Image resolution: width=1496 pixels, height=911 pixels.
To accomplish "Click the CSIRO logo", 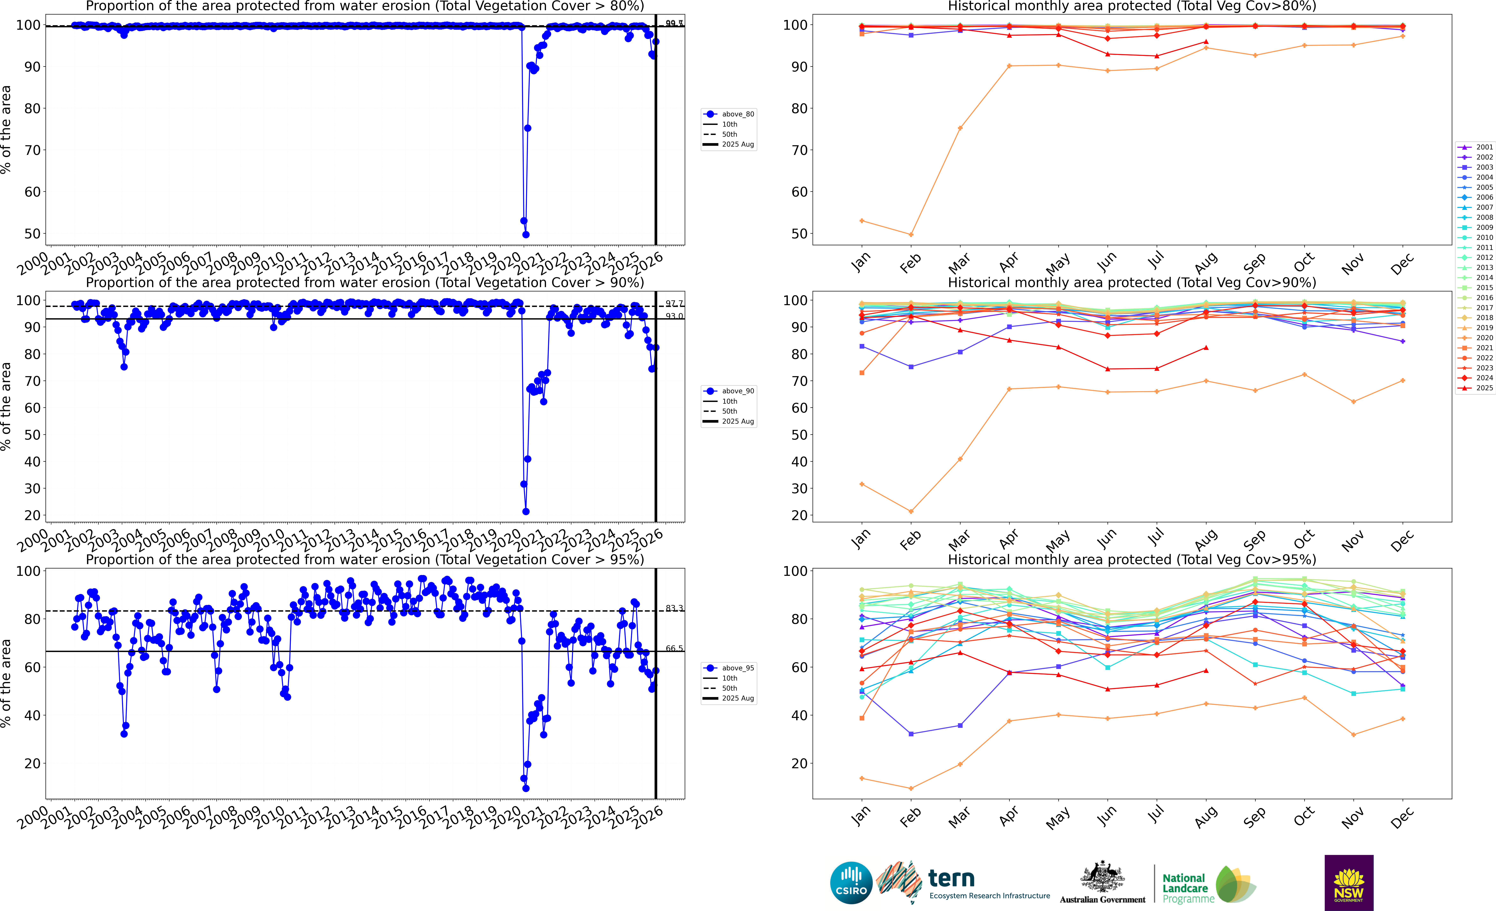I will tap(851, 882).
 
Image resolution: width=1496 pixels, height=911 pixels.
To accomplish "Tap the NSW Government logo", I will tap(1349, 882).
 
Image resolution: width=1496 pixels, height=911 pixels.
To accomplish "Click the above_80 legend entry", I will tap(729, 114).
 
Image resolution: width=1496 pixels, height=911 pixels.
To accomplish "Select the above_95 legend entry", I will tap(729, 668).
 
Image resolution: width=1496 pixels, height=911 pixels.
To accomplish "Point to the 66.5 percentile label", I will tap(674, 649).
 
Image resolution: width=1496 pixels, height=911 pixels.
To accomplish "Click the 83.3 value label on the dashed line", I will tap(674, 608).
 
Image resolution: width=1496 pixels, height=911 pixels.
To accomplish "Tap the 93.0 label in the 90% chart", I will tap(674, 316).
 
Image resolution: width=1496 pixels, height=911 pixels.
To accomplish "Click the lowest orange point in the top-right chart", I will tap(911, 234).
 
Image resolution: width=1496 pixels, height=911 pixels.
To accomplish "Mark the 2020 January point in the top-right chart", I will tap(862, 221).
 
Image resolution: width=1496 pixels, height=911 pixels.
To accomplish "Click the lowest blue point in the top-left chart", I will tap(526, 234).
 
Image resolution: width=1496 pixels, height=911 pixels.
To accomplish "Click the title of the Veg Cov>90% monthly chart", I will tap(1132, 282).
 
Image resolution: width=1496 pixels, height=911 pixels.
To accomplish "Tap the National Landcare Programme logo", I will tap(1208, 885).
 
